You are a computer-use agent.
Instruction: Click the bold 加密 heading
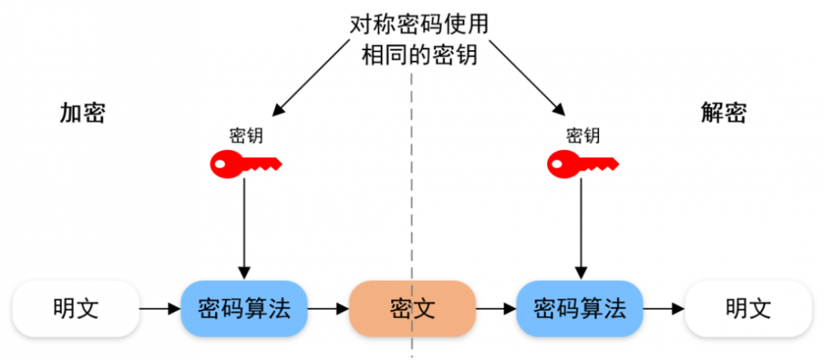(82, 113)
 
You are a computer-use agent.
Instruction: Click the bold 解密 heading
(723, 113)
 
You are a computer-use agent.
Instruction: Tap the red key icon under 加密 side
(246, 163)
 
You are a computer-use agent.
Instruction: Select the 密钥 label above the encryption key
(246, 136)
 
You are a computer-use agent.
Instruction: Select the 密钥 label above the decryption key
(583, 136)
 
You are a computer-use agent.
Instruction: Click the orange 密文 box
(413, 308)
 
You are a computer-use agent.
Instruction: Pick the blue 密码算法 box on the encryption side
(245, 308)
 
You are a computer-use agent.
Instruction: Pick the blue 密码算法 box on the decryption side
(580, 308)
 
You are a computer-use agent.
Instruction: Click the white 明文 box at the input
(76, 308)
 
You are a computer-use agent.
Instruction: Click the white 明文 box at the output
(748, 308)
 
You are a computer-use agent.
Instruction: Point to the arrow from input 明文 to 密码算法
(161, 309)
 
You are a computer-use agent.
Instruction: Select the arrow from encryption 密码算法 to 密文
(329, 309)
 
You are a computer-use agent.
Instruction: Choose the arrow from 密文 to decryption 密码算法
(497, 309)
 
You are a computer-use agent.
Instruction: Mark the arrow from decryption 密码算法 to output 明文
(664, 309)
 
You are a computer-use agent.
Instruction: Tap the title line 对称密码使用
(419, 25)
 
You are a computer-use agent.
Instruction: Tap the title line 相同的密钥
(419, 54)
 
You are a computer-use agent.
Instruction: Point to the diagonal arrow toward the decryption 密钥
(527, 77)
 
